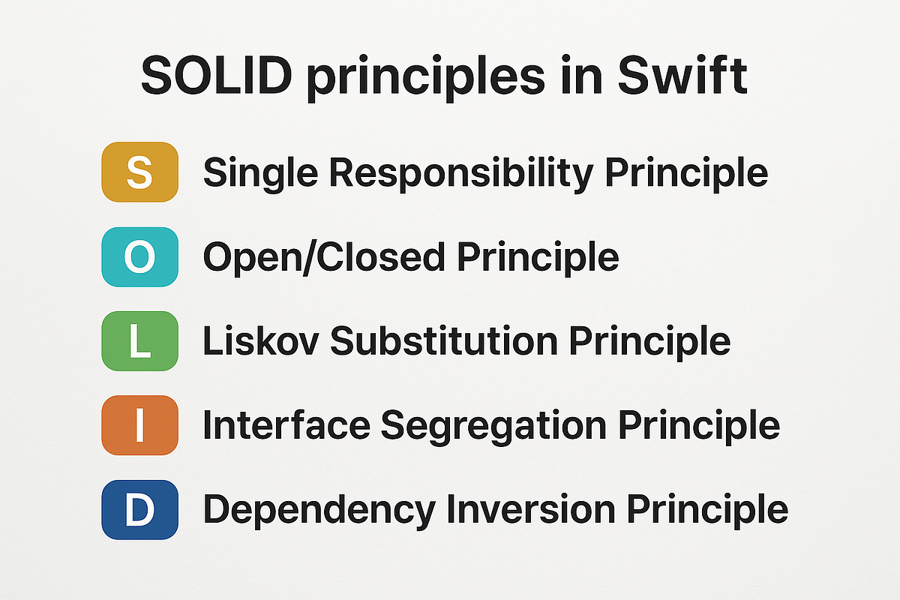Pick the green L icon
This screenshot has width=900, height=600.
coord(139,342)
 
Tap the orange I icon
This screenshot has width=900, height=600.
coord(139,426)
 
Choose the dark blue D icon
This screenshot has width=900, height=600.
coord(139,510)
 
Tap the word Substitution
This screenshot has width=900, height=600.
coord(443,342)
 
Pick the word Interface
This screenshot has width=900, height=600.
coord(285,426)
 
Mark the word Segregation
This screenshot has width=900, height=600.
coord(493,426)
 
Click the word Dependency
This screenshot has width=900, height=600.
coord(319,510)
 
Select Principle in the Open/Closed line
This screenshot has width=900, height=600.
coord(538,258)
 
